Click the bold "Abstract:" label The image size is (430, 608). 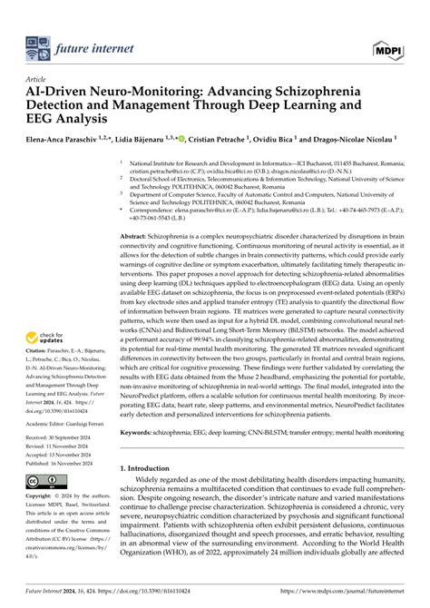coord(137,235)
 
